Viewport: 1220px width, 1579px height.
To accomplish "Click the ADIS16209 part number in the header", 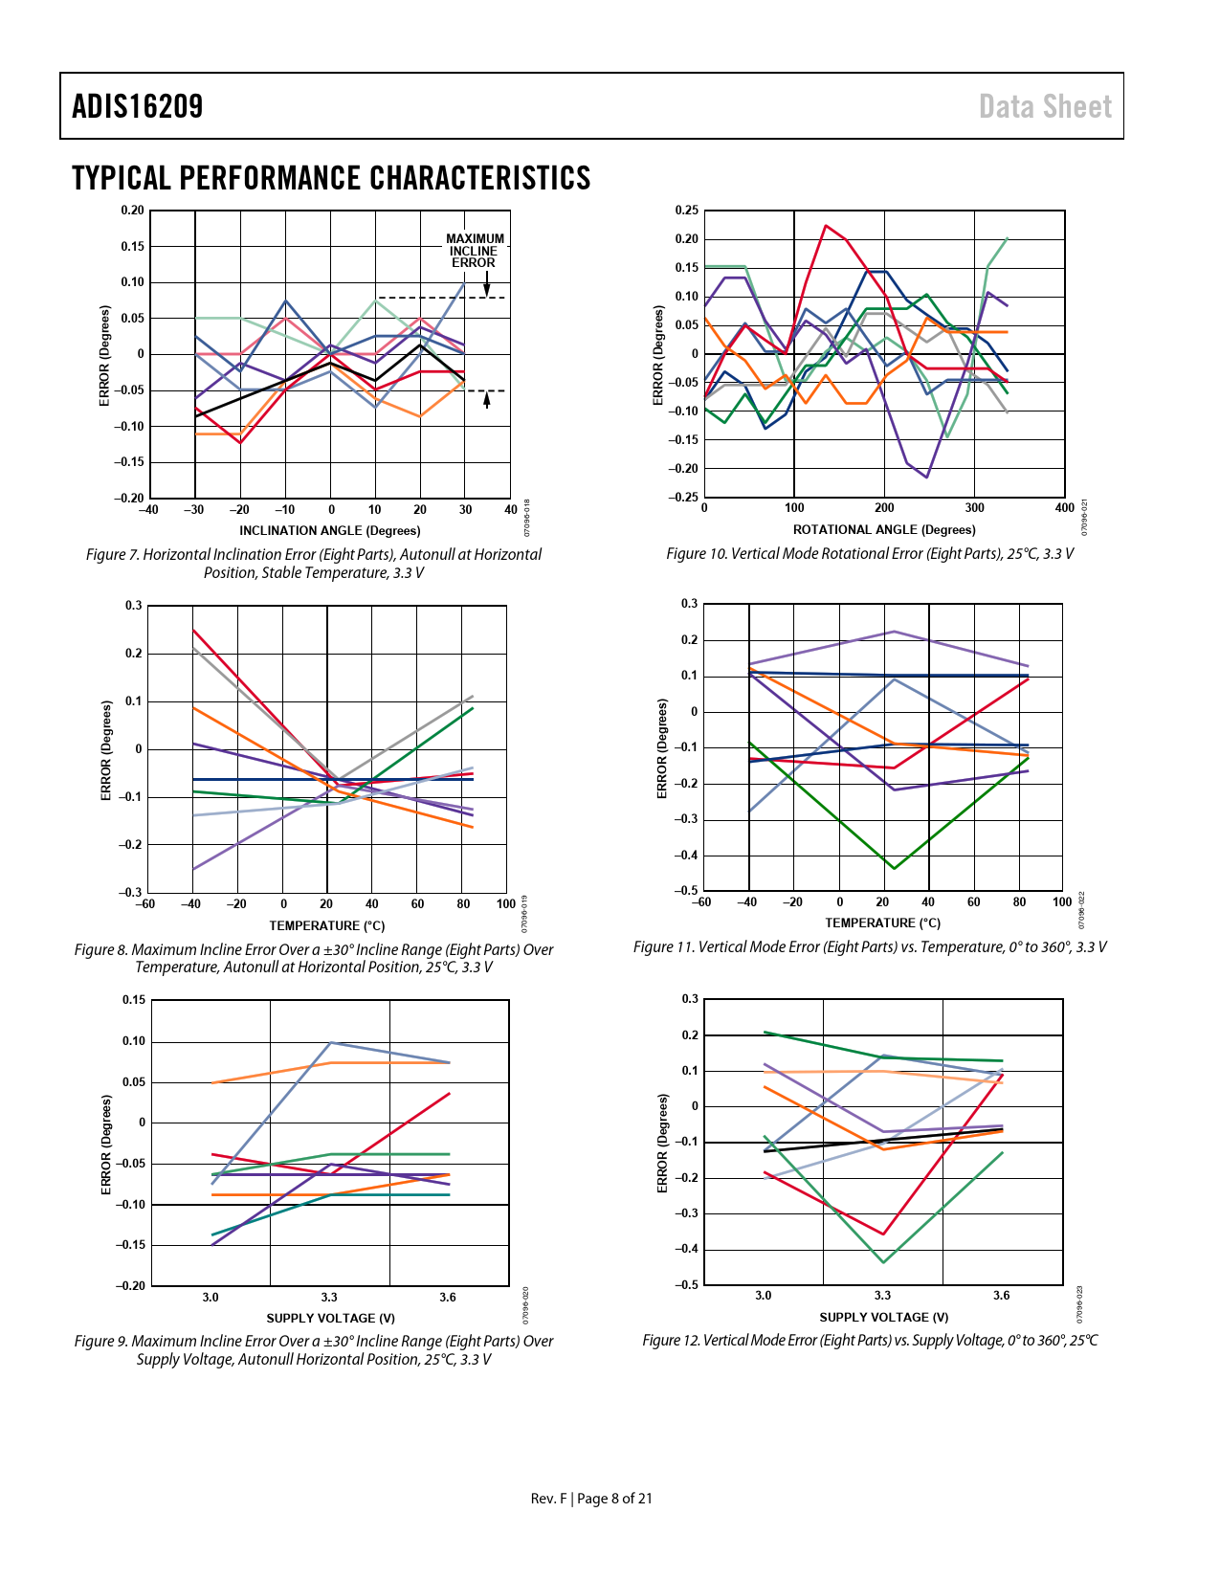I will point(138,106).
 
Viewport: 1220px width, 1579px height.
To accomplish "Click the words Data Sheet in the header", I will point(1045,106).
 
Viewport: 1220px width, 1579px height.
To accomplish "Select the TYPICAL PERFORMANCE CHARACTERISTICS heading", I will point(331,178).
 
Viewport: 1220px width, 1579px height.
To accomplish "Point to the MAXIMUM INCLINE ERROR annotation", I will point(475,251).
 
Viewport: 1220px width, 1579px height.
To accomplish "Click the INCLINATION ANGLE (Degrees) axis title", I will point(329,530).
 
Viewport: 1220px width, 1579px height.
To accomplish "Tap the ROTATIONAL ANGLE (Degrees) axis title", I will point(884,529).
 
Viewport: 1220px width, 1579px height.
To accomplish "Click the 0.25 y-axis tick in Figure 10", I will point(687,211).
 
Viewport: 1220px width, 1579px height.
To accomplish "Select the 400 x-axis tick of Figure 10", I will point(1064,508).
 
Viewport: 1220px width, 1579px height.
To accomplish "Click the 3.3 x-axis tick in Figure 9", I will point(329,1298).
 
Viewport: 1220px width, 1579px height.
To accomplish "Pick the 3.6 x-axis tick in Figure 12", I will point(1001,1296).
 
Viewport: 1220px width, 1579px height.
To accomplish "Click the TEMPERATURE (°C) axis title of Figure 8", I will point(326,925).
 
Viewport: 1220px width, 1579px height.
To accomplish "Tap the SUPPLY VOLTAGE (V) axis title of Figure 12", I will point(884,1317).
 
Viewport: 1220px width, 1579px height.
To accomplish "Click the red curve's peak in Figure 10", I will point(826,226).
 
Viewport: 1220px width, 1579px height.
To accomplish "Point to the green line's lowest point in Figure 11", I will point(894,868).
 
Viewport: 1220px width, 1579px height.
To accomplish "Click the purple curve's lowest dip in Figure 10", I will point(926,477).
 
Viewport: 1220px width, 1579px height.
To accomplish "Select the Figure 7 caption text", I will point(314,564).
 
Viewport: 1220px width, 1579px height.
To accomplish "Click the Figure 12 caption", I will point(870,1340).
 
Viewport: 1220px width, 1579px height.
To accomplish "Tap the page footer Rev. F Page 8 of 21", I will point(591,1498).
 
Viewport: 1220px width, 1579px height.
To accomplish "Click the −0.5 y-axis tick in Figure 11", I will point(685,891).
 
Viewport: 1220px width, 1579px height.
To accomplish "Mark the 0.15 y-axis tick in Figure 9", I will point(134,1000).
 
